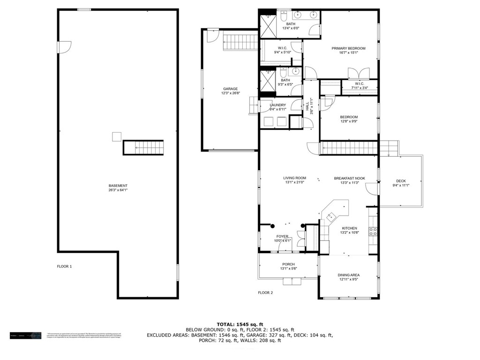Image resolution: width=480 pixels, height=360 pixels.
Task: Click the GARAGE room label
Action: click(230, 89)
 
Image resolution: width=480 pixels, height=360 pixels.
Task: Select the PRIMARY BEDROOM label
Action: click(348, 48)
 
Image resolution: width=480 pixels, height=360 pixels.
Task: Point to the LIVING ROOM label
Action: click(294, 178)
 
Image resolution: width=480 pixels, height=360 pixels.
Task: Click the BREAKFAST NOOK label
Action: click(349, 178)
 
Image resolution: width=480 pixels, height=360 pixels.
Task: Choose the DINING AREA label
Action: click(349, 275)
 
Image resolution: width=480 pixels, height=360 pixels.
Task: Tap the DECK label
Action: click(401, 181)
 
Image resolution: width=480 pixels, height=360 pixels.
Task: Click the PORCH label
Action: click(288, 264)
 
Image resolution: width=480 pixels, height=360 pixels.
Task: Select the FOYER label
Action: click(282, 237)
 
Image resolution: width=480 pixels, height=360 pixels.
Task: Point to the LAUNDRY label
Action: click(278, 105)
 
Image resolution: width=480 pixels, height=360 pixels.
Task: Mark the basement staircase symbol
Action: click(143, 148)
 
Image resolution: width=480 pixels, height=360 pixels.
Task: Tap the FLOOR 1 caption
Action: click(64, 266)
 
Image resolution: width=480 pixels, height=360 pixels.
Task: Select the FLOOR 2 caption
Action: click(265, 292)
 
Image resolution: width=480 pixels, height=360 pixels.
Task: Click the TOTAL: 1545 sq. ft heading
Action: click(240, 324)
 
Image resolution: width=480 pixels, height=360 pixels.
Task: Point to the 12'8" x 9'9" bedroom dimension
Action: click(349, 122)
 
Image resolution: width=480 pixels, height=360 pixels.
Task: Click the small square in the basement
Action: click(117, 136)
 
